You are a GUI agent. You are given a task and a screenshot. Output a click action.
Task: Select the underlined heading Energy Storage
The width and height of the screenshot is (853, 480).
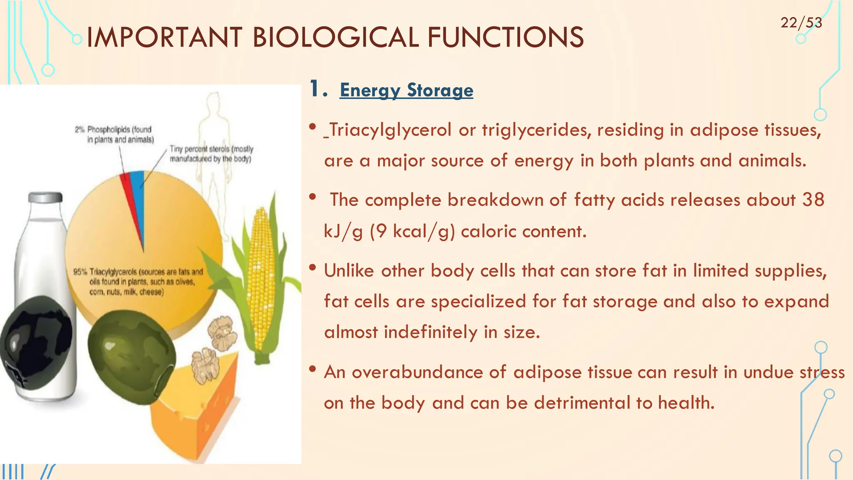coord(406,90)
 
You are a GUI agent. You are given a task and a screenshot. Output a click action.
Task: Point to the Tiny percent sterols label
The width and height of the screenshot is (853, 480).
coord(211,154)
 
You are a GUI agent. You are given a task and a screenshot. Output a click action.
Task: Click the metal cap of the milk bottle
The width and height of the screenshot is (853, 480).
coord(45,197)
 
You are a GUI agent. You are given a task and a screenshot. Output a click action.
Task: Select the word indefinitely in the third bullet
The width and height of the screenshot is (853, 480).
coord(430,332)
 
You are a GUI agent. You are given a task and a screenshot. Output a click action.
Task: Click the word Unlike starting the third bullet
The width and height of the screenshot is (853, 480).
coord(349,271)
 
